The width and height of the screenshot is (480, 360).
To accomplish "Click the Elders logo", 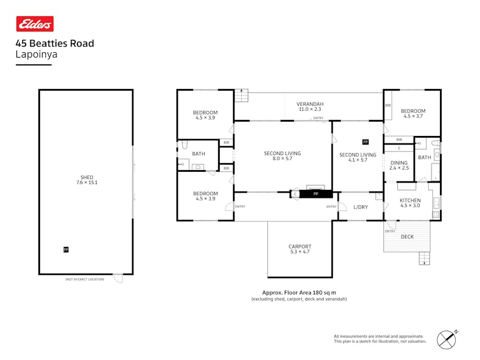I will click(35, 24).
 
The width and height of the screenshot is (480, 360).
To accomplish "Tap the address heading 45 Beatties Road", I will click(55, 44).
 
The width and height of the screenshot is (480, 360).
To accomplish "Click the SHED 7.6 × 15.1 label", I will click(86, 180).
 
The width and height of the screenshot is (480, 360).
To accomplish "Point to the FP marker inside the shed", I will click(66, 250).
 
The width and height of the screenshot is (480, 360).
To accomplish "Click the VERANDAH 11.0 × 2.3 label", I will click(310, 107).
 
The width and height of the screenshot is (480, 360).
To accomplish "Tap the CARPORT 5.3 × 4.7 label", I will click(299, 249).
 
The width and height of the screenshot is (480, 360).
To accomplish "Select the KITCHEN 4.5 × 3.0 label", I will click(410, 203).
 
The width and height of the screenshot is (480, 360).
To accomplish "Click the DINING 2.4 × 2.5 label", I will click(399, 165).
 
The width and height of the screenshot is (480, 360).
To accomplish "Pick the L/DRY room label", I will click(361, 207).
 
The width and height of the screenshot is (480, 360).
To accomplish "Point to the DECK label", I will click(407, 237).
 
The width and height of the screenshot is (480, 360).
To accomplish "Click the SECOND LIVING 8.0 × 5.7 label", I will click(282, 156).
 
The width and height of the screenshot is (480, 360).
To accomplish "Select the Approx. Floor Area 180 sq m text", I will click(299, 292).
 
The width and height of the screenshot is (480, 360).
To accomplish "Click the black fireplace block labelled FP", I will click(316, 194).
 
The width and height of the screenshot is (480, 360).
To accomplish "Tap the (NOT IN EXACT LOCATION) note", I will click(85, 279).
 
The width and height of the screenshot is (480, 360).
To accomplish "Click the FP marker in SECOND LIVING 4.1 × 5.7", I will click(365, 142).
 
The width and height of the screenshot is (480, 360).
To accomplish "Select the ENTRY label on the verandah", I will click(318, 118).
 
